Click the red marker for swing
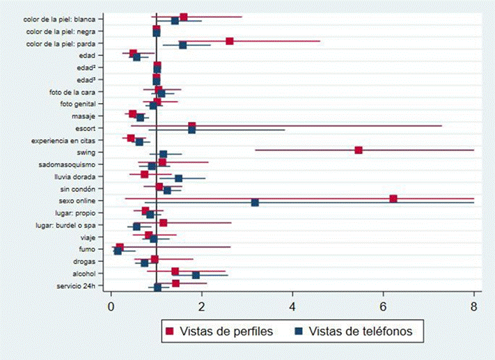(x=359, y=150)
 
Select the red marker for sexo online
(x=393, y=198)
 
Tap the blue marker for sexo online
(x=255, y=203)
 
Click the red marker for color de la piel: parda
(x=230, y=41)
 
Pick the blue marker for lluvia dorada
(x=178, y=178)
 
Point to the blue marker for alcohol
(x=196, y=275)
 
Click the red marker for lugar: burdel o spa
(x=163, y=223)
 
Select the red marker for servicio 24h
(x=175, y=283)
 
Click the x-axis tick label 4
(x=292, y=304)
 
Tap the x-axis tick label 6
(x=383, y=304)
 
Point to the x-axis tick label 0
(x=111, y=304)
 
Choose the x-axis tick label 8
(x=473, y=304)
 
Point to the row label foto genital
(x=84, y=104)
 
